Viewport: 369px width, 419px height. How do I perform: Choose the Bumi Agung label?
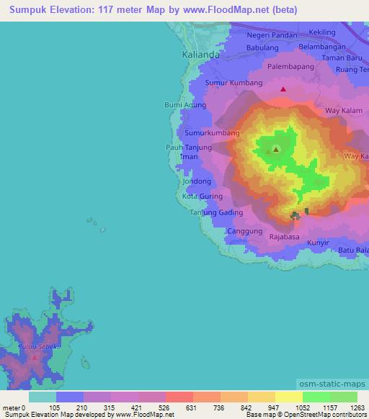click(x=185, y=105)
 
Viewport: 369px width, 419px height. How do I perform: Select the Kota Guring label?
click(x=202, y=196)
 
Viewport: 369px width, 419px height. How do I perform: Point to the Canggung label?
click(x=244, y=231)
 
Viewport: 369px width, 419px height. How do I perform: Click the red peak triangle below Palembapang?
click(x=283, y=90)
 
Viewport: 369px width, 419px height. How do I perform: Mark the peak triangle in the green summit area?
click(x=275, y=150)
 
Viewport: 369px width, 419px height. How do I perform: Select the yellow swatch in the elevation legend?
click(x=288, y=396)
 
